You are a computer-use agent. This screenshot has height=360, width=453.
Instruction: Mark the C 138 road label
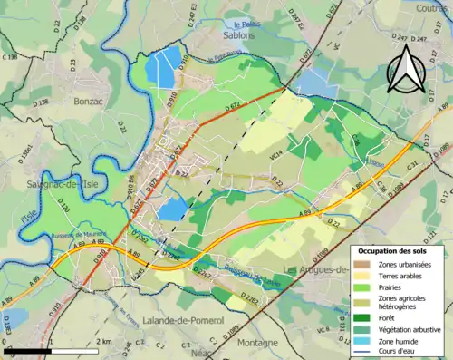click(x=10, y=58)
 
